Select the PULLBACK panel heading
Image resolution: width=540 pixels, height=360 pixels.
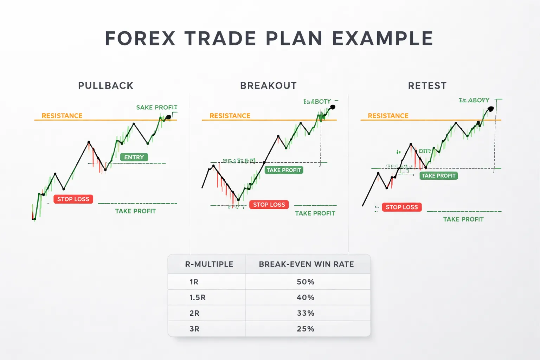pyautogui.click(x=106, y=86)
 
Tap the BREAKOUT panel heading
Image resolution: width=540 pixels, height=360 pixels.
pyautogui.click(x=268, y=86)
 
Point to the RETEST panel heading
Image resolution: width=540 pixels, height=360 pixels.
pyautogui.click(x=427, y=86)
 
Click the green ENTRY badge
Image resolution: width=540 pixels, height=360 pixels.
pyautogui.click(x=134, y=157)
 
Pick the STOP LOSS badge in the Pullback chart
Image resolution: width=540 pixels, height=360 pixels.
pyautogui.click(x=73, y=199)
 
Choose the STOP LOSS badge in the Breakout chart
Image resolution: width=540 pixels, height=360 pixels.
pyautogui.click(x=269, y=205)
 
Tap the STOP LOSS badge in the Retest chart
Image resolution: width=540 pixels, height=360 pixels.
pyautogui.click(x=401, y=207)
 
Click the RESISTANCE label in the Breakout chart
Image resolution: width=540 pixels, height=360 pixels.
pyautogui.click(x=230, y=116)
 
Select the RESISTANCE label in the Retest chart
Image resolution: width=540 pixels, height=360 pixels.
pyautogui.click(x=388, y=116)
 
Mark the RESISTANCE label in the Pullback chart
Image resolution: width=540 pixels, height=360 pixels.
pyautogui.click(x=62, y=116)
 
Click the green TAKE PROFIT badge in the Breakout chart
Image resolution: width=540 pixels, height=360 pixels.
pyautogui.click(x=284, y=170)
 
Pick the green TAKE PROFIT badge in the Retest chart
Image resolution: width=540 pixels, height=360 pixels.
pyautogui.click(x=438, y=176)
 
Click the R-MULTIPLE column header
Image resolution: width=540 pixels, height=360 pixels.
pyautogui.click(x=209, y=264)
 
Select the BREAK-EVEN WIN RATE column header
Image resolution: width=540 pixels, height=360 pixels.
pyautogui.click(x=306, y=264)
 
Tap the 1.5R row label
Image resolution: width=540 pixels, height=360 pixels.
pyautogui.click(x=197, y=297)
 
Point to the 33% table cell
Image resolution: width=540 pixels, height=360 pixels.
pyautogui.click(x=306, y=313)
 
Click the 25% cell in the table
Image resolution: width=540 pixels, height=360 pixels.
pyautogui.click(x=306, y=329)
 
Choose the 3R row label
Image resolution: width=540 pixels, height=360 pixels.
pyautogui.click(x=194, y=329)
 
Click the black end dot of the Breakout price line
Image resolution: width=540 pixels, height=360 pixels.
pyautogui.click(x=333, y=107)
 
